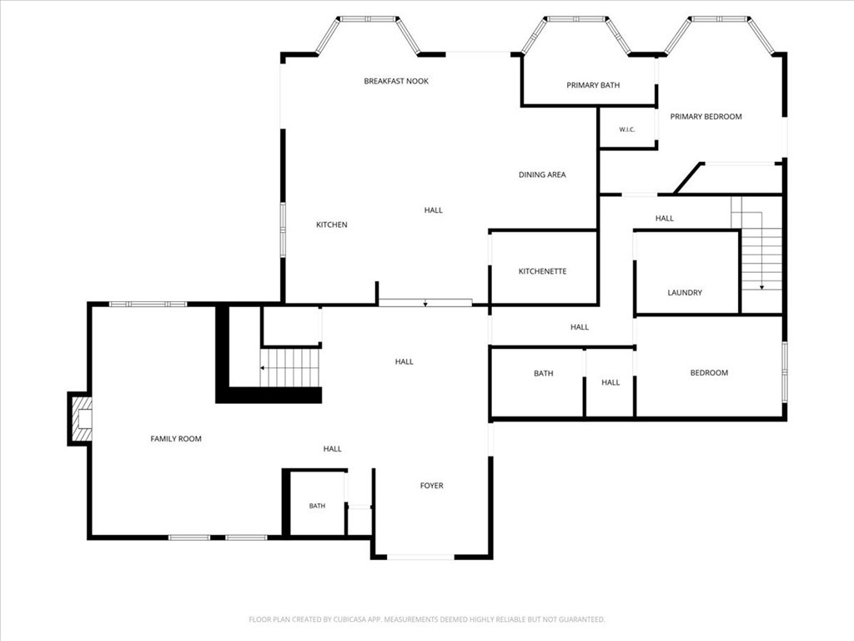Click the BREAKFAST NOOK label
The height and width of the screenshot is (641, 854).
point(396,81)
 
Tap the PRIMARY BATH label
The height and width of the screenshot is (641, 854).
point(593,85)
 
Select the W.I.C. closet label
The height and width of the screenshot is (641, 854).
point(627,129)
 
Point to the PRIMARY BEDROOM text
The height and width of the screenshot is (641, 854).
point(706,117)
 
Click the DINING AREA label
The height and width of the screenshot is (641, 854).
point(542,175)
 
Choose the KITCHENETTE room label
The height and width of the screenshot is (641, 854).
point(542,271)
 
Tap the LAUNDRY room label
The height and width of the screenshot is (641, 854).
point(685,293)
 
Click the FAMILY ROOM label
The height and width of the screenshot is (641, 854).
point(176,439)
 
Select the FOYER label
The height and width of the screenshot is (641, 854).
point(431,486)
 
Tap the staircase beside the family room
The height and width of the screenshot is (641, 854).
point(289,368)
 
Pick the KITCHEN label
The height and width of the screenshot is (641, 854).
point(332,225)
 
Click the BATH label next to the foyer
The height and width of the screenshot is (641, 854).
point(317,507)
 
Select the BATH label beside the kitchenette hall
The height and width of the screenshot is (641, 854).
point(544,373)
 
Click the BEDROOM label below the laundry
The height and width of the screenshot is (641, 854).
point(709,373)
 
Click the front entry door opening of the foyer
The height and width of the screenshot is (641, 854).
point(420,557)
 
